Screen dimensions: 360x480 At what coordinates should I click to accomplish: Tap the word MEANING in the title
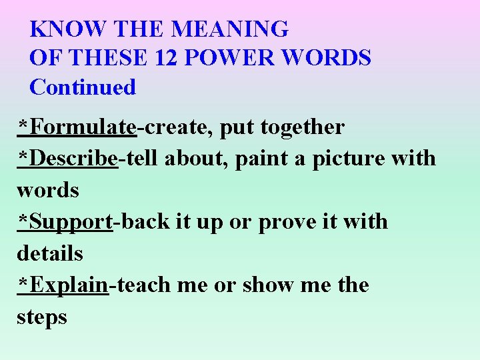point(229,29)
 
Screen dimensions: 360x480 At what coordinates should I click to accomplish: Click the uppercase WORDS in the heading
point(327,58)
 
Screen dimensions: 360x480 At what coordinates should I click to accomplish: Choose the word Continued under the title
point(83,87)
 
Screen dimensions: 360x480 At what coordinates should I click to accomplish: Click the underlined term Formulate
point(83,127)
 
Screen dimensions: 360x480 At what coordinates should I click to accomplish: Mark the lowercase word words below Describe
point(48,191)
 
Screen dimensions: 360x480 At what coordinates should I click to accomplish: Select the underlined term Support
point(71,222)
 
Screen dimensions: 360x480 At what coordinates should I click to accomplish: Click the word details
point(50,253)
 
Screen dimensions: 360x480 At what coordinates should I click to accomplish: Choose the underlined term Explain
point(69,285)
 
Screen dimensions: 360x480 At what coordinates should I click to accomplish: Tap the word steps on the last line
point(42,317)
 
